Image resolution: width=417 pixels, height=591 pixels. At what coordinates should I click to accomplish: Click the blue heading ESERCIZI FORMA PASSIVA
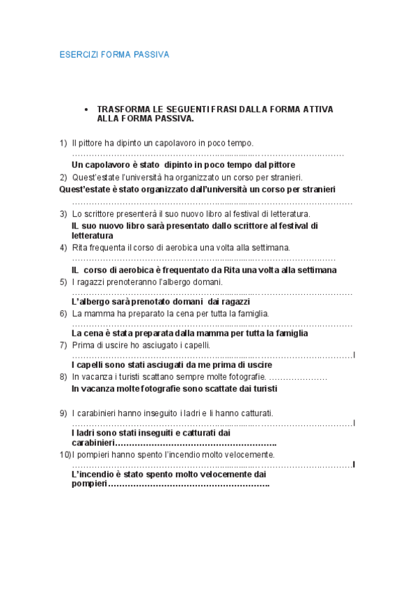tap(114, 54)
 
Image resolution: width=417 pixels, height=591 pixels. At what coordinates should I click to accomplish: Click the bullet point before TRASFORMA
tap(86, 110)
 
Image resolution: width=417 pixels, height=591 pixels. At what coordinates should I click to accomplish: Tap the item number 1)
tap(63, 143)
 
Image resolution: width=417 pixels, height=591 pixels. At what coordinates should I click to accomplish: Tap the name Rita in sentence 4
tap(81, 247)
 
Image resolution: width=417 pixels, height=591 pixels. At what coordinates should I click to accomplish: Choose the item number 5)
tap(63, 282)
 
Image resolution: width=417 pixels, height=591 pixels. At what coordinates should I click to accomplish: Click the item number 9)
tap(63, 413)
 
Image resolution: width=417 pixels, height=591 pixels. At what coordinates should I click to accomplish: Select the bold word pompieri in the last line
tap(90, 484)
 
